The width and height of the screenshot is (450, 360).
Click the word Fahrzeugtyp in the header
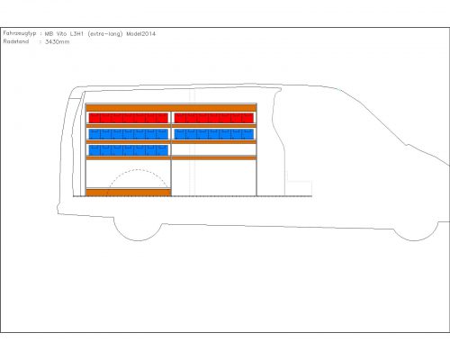[x=20, y=33]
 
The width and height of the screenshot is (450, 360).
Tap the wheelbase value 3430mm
[x=58, y=41]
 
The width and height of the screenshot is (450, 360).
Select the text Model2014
[x=141, y=34]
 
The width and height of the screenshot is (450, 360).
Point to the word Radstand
[x=16, y=41]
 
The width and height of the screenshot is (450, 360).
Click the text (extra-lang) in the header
[x=105, y=34]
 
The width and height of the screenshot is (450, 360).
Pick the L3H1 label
[x=76, y=34]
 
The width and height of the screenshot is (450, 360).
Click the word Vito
[x=61, y=34]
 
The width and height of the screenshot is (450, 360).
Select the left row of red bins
[x=129, y=118]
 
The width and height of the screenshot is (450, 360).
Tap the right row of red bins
[x=214, y=118]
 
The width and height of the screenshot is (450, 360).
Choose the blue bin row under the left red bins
[x=129, y=134]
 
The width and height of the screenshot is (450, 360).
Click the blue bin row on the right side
[x=214, y=134]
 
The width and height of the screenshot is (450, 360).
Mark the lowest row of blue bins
[x=129, y=150]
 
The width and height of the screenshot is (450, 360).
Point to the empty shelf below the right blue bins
[x=214, y=149]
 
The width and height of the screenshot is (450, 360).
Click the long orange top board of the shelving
[x=171, y=107]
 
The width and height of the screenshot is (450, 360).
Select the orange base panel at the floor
[x=129, y=193]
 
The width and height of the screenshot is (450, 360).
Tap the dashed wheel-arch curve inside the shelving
[x=138, y=170]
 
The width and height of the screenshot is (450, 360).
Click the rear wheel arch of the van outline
[x=138, y=240]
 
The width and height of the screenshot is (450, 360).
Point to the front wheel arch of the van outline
[x=415, y=240]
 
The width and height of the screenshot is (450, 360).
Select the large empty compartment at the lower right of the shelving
[x=214, y=177]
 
